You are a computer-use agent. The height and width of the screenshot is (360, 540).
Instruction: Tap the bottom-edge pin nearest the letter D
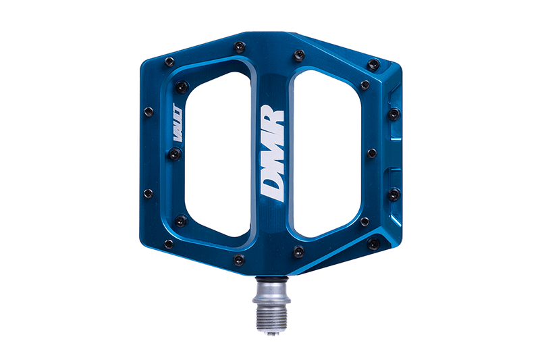(x=298, y=251)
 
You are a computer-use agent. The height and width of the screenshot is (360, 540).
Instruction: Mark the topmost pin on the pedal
(x=239, y=47)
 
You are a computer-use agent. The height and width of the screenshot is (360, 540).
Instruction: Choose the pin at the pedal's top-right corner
(x=373, y=64)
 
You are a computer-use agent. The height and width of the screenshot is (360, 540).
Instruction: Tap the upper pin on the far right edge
(x=394, y=113)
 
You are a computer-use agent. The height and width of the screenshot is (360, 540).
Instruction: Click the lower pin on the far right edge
(x=394, y=195)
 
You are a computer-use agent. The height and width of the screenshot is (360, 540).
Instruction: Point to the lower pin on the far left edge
(x=148, y=195)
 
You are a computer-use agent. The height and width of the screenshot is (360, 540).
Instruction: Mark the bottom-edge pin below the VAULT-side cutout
(x=239, y=259)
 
